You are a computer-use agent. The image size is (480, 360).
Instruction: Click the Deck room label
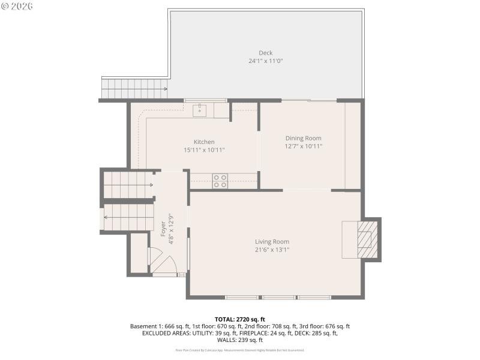pyautogui.click(x=265, y=53)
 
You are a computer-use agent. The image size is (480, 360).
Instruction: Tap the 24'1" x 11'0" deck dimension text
pyautogui.click(x=265, y=61)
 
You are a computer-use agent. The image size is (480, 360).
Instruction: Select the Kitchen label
pyautogui.click(x=204, y=142)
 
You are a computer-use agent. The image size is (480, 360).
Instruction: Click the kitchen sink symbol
pyautogui.click(x=200, y=110)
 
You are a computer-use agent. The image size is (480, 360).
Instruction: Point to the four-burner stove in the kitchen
pyautogui.click(x=220, y=181)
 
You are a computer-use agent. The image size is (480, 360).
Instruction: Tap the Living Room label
pyautogui.click(x=272, y=242)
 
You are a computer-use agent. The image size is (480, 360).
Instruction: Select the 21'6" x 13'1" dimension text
pyautogui.click(x=272, y=250)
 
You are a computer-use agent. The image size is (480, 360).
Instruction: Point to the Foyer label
pyautogui.click(x=163, y=229)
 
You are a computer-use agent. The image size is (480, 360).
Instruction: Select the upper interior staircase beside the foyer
pyautogui.click(x=127, y=185)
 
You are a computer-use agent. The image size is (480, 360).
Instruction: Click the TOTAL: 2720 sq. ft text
pyautogui.click(x=239, y=319)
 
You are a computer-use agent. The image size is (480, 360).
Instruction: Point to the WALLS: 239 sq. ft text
pyautogui.click(x=239, y=340)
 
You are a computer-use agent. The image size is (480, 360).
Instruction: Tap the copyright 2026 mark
pyautogui.click(x=17, y=6)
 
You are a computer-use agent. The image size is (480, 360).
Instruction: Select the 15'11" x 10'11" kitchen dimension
pyautogui.click(x=204, y=150)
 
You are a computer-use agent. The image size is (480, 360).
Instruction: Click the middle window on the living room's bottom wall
pyautogui.click(x=279, y=297)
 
